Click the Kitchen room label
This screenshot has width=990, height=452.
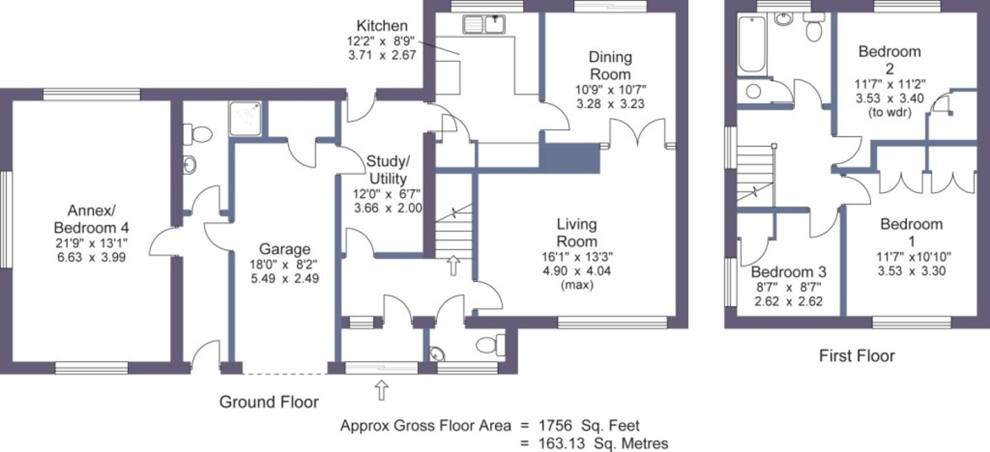382,26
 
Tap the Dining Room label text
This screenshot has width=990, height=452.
610,65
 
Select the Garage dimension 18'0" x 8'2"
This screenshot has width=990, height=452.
285,264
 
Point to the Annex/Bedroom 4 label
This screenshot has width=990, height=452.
92,219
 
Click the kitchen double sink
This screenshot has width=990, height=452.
484,24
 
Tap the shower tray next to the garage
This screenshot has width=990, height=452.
245,118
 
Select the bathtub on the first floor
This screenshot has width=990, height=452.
752,45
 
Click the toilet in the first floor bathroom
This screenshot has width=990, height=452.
813,26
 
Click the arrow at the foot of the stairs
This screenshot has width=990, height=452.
454,266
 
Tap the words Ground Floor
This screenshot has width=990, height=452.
269,402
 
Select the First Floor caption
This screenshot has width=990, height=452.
857,355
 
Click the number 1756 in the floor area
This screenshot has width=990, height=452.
554,426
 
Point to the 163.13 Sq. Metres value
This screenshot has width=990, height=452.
603,443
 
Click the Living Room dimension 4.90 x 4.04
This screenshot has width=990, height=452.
577,271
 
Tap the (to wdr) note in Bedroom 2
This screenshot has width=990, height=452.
889,113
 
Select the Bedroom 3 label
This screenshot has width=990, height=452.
789,272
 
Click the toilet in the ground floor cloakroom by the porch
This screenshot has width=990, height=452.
491,344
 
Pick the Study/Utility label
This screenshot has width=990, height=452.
388,170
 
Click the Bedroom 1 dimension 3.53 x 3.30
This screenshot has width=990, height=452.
912,271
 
